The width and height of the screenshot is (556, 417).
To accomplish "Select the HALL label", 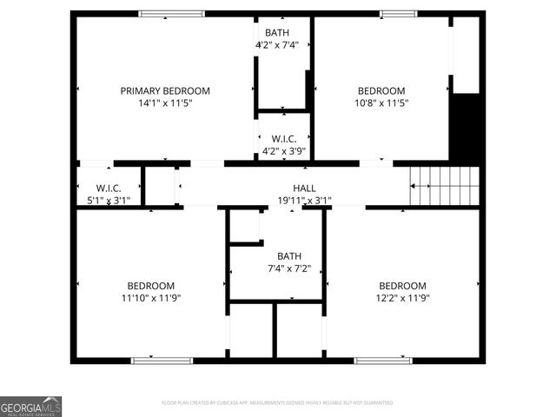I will point(304,188).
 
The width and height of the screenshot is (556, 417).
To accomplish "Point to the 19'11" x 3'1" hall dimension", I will point(304,200).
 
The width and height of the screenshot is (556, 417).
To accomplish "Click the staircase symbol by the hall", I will point(444,184).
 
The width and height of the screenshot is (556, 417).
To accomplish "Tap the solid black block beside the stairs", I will point(467,129).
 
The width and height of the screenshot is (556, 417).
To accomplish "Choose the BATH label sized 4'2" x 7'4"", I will point(277,32).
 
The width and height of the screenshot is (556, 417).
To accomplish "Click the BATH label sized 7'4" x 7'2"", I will point(289,255).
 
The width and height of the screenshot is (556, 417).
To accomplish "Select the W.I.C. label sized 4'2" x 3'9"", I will point(284,139).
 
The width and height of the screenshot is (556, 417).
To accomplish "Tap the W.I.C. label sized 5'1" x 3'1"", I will point(109,188).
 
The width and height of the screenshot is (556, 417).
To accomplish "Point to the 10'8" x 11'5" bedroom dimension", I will point(381,103).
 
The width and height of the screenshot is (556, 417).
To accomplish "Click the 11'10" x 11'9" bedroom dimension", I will point(151,298).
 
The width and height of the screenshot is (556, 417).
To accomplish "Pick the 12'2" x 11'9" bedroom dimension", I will point(402,298).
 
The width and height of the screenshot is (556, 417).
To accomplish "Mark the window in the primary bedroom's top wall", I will point(172,14).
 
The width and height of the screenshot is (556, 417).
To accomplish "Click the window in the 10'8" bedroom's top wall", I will point(398,14).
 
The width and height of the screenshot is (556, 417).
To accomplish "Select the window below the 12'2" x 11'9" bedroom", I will point(383,360).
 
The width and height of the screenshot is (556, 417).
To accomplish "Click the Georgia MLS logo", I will point(31,407).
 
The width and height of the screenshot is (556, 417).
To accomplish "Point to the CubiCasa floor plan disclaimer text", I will point(278,403).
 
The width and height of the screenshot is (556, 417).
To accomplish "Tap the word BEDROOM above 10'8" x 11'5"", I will point(381,90).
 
